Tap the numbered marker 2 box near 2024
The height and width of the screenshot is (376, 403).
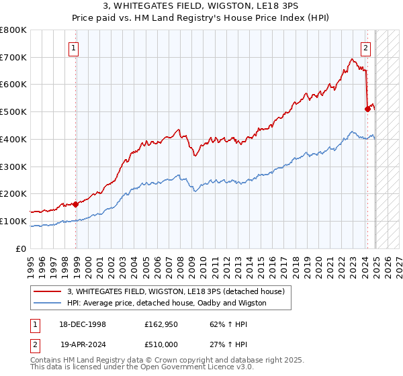365,48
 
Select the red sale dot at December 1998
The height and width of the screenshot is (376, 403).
76,203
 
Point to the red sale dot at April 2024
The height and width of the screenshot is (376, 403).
367,109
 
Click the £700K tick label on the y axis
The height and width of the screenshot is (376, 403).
13,58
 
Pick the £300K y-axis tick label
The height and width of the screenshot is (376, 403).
13,167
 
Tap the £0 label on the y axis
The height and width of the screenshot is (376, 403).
21,248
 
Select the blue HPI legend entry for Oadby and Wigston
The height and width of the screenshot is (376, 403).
167,303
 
